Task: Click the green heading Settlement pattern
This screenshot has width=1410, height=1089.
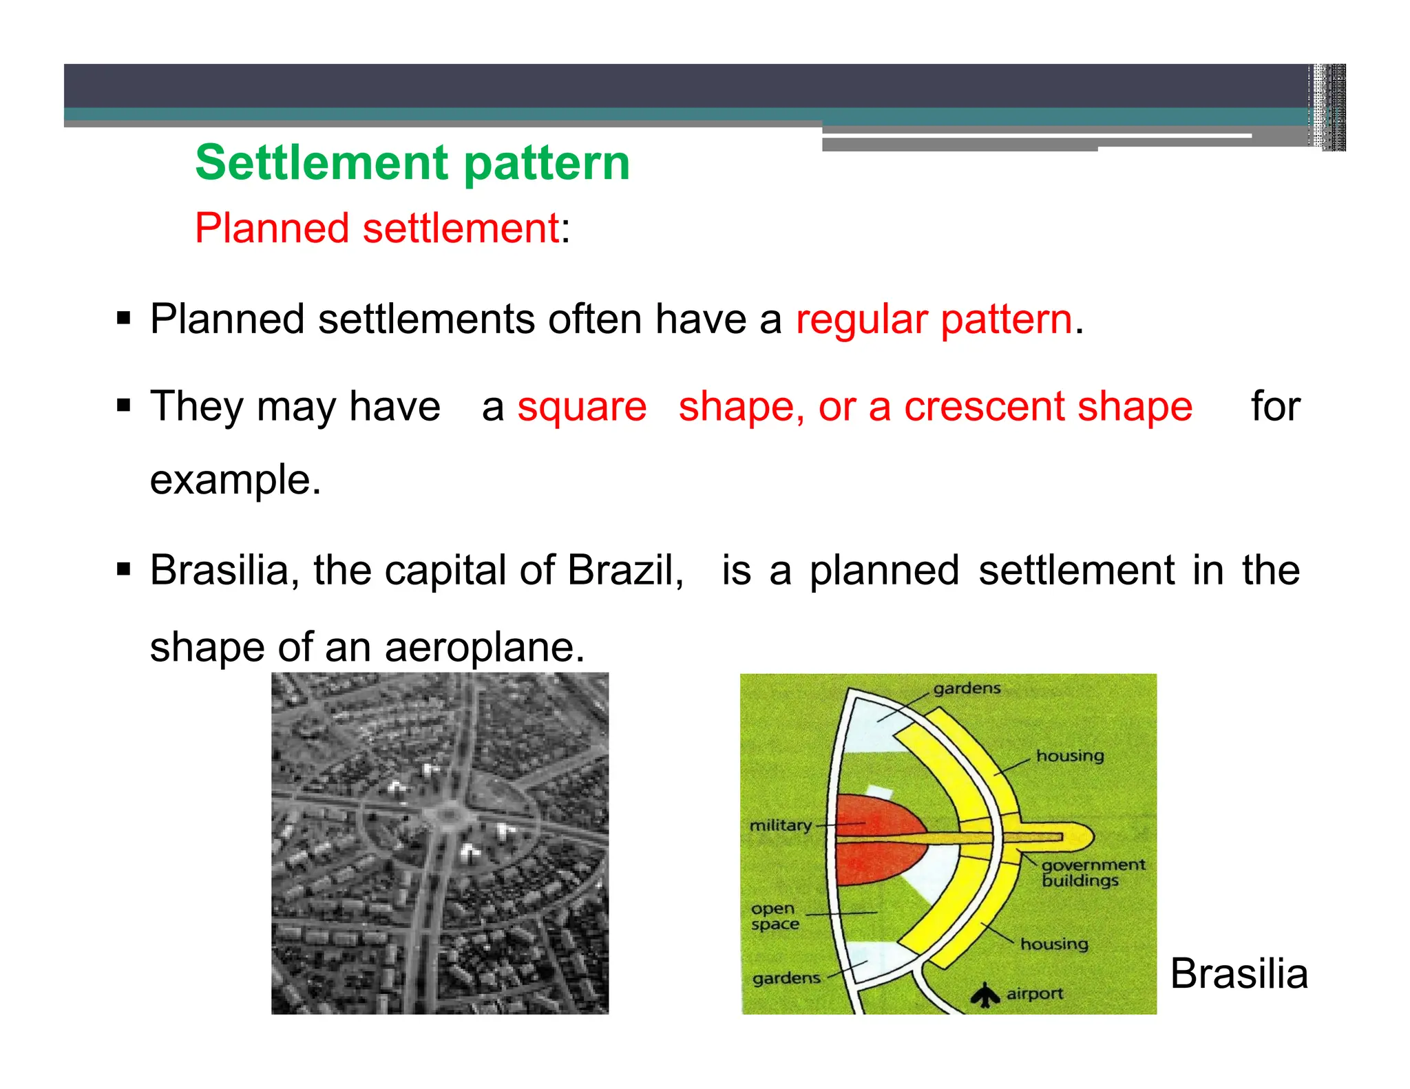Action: coord(412,163)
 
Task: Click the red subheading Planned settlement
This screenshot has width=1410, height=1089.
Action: coord(377,228)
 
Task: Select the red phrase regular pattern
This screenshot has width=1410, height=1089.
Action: coord(934,319)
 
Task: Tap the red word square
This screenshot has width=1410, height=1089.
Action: coord(582,406)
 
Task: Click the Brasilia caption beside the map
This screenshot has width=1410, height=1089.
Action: coord(1239,973)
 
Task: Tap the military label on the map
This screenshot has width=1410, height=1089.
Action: coord(780,825)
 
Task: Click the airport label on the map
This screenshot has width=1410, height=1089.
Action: coord(1034,993)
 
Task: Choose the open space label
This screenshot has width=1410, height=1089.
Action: coord(775,916)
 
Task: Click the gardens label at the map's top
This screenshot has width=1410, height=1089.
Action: coord(967,688)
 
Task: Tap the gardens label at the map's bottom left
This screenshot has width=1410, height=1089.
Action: coord(786,978)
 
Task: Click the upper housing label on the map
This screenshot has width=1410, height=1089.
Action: coord(1070,756)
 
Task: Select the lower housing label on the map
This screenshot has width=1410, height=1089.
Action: coord(1054,944)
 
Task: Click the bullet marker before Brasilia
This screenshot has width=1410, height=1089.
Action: coord(124,570)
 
